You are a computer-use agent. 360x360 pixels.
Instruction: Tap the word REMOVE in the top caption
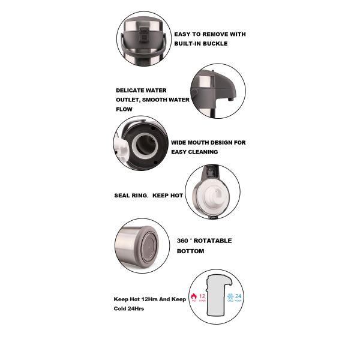point(212,34)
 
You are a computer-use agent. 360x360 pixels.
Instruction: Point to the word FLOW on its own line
point(124,110)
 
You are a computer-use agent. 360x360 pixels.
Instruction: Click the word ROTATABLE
point(212,241)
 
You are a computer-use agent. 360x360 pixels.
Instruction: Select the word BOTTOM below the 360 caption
point(191,251)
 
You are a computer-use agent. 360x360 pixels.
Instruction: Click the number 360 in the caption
point(184,241)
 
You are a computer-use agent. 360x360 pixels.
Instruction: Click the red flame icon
point(193,296)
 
